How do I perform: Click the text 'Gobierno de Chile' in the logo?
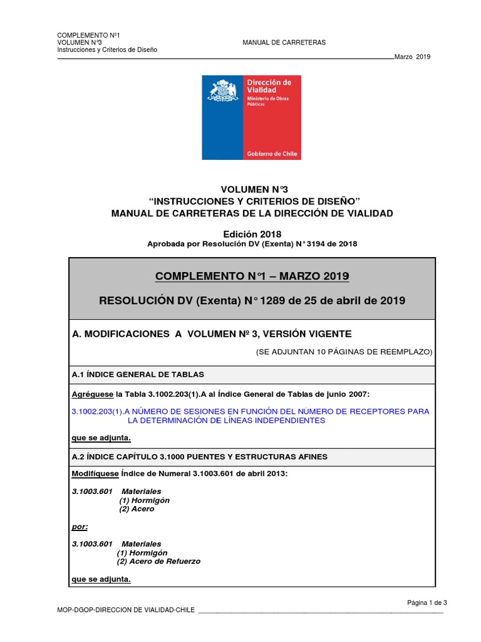point(272,154)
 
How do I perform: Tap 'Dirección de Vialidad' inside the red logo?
point(269,86)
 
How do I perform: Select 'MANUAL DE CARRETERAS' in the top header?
point(284,43)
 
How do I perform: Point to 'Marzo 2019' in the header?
point(412,57)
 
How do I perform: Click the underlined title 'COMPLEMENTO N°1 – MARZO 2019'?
point(252,276)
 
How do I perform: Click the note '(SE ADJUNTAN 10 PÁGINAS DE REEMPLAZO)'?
point(343,352)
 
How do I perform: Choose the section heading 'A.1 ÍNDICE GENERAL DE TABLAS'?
point(138,375)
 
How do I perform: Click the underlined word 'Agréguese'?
point(92,393)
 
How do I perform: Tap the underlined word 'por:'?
point(80,527)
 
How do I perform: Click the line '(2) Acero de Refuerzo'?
point(159,562)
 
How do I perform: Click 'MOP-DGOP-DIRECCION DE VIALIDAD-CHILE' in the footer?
point(125,610)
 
